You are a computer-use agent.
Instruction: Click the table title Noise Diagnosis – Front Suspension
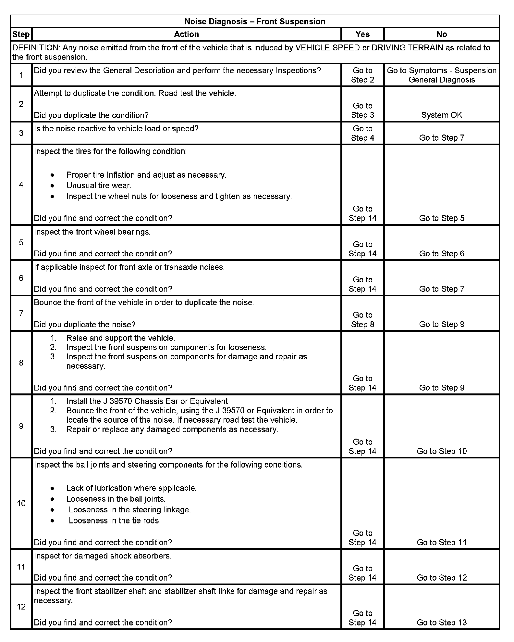click(x=255, y=21)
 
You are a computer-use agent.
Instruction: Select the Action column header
click(x=186, y=34)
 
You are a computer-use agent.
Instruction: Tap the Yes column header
click(x=362, y=34)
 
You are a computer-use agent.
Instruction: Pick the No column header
click(x=442, y=34)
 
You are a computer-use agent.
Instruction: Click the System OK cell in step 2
click(x=442, y=115)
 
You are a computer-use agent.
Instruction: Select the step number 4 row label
click(x=21, y=185)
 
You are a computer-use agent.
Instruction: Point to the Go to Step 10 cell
click(x=442, y=451)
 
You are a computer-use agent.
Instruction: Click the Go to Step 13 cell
click(x=442, y=623)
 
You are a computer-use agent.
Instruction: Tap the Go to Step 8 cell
click(x=362, y=320)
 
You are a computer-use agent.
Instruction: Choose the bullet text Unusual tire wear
click(x=99, y=186)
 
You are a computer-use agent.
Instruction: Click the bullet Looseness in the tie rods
click(x=115, y=520)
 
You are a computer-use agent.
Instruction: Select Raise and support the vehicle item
click(x=120, y=338)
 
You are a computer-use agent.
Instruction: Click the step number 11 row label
click(x=21, y=567)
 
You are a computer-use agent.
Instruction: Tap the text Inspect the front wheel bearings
click(x=92, y=232)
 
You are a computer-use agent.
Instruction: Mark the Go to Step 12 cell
click(x=442, y=578)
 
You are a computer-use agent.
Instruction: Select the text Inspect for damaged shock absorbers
click(x=103, y=556)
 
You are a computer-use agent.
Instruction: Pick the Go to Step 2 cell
click(x=362, y=75)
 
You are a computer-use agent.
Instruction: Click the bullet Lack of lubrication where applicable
click(x=131, y=488)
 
